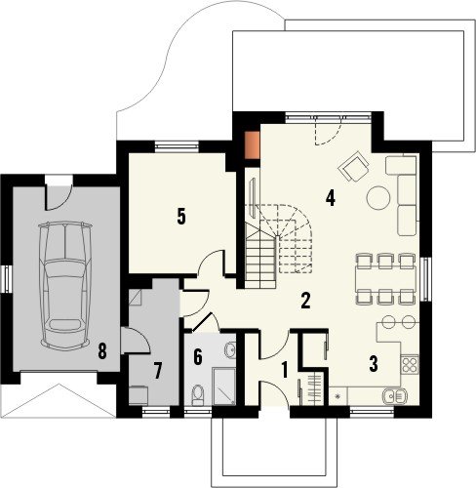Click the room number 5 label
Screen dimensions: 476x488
coord(181,217)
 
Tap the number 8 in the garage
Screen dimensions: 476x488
coord(102,351)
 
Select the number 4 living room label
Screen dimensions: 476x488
coord(331,198)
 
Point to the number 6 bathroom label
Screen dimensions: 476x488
coord(198,356)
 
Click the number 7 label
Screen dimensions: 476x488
coord(158,371)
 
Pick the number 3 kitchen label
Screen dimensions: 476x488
coord(374,364)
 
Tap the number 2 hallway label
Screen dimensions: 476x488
coord(305,301)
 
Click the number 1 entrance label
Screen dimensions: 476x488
coord(285,370)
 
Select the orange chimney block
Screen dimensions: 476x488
coord(252,145)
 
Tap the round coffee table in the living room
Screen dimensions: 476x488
coord(378,198)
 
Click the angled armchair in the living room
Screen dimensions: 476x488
coord(354,166)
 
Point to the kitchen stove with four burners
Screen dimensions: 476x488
coord(410,365)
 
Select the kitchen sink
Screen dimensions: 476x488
coord(394,396)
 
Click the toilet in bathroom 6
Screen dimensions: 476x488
coord(197,394)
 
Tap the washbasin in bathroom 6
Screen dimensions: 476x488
coord(230,350)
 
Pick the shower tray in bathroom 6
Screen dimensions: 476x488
coord(223,386)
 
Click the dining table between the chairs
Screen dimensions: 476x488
coord(386,277)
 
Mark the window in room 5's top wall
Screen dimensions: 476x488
coord(177,146)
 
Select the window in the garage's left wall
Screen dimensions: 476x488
coord(7,279)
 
